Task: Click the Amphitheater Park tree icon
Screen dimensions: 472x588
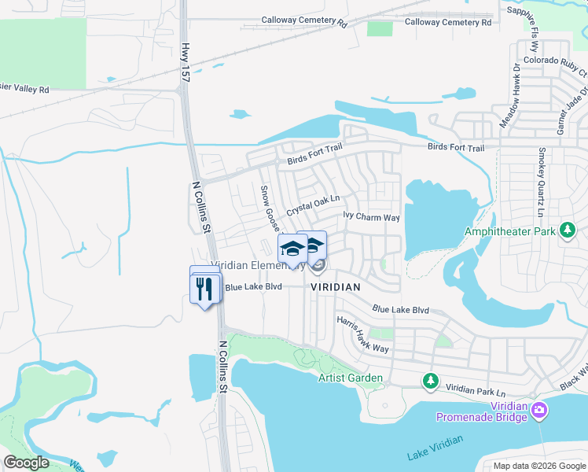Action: pos(567,231)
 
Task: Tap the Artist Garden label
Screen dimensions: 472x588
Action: pos(351,378)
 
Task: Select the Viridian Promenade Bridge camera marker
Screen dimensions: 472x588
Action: pos(540,410)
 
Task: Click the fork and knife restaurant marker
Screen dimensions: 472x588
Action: pos(205,289)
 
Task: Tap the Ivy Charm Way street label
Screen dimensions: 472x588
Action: pos(372,216)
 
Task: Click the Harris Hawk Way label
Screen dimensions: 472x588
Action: pos(362,335)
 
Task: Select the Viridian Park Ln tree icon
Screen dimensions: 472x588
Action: pos(431,382)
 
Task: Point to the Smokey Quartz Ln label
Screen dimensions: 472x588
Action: pos(541,182)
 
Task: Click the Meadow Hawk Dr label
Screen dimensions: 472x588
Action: pos(509,95)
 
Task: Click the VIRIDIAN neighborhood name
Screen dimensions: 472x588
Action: pos(335,288)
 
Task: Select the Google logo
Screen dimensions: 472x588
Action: pos(27,462)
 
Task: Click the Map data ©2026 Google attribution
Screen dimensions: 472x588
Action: pos(538,466)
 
